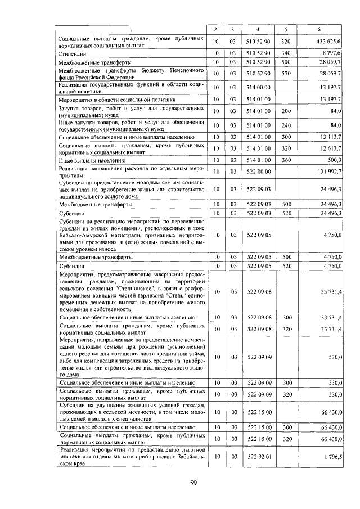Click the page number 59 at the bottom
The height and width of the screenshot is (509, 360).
pyautogui.click(x=192, y=482)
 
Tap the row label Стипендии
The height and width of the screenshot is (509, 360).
pyautogui.click(x=70, y=53)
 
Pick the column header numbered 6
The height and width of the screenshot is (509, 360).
pyautogui.click(x=319, y=29)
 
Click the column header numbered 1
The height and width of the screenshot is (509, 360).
pyautogui.click(x=131, y=29)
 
